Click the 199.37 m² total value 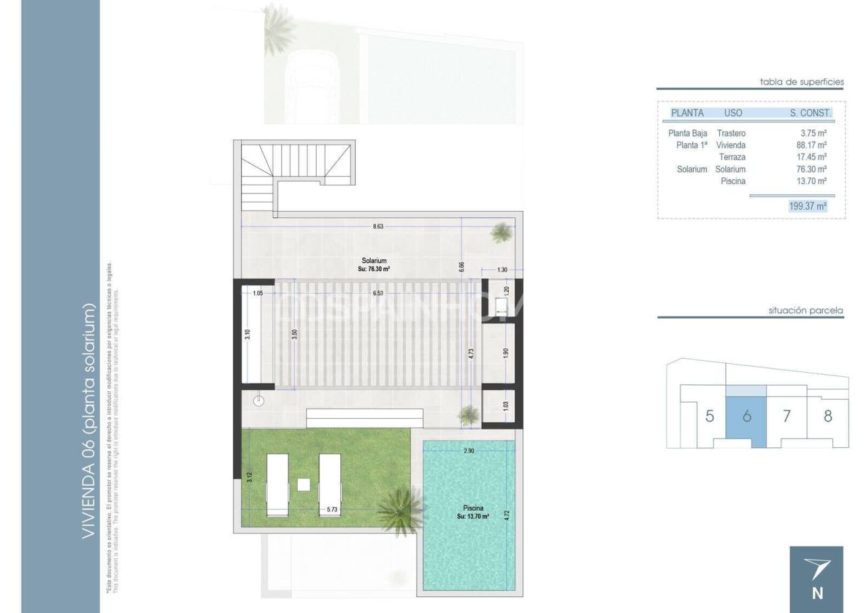tap(808, 206)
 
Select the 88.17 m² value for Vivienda tap(812, 145)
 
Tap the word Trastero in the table tap(731, 133)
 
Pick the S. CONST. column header tap(811, 113)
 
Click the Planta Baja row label tap(687, 133)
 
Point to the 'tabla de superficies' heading tap(802, 82)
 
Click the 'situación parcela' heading tap(806, 311)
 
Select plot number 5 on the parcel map tap(709, 415)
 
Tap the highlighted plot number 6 tap(746, 416)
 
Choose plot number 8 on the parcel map tap(827, 415)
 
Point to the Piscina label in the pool tap(473, 507)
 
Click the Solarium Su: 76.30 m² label tap(373, 264)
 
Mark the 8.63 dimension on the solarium tap(378, 227)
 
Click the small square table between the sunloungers tap(304, 484)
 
